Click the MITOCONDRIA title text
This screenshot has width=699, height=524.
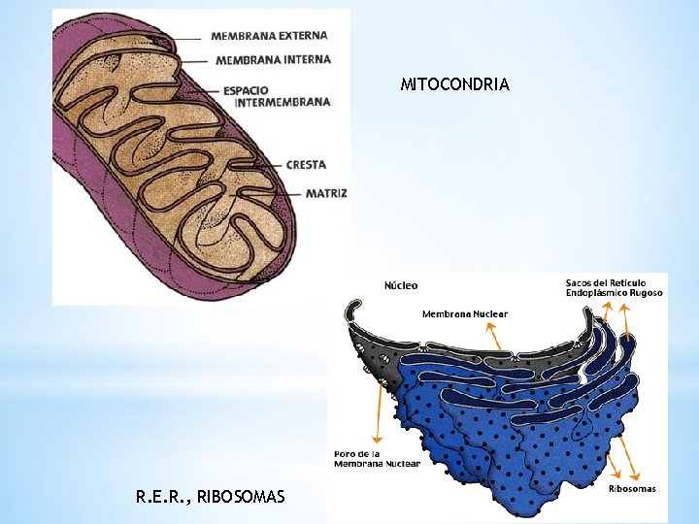coord(454,84)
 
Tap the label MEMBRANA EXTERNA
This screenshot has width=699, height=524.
coord(269,36)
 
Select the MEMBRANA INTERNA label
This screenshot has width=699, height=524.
coord(273,59)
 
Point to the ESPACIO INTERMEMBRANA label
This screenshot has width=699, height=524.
coord(276,96)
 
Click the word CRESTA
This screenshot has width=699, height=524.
coord(306,165)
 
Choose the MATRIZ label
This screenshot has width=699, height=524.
coord(325,193)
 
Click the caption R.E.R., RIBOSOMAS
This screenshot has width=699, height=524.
coord(211,497)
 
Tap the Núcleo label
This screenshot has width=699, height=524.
coord(401,285)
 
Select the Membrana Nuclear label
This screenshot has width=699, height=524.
coord(464,313)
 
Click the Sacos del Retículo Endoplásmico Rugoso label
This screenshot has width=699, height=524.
coord(614,287)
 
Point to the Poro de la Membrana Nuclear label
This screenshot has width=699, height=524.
coord(377,458)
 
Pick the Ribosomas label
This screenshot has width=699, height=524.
coord(631,489)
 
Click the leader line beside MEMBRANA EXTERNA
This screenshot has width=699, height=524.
coord(189,37)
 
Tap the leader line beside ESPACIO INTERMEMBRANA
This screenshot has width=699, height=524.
coord(208,92)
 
